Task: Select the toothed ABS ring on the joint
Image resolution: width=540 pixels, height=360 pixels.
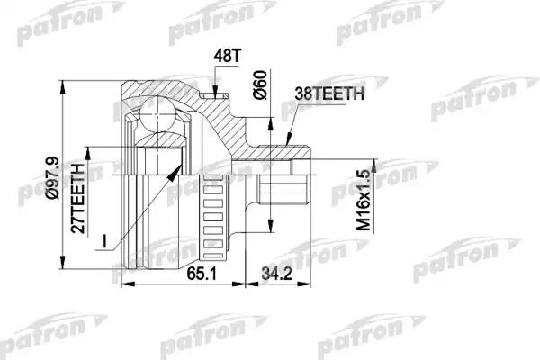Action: point(213,211)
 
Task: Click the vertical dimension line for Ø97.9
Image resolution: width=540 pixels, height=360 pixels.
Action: point(62,180)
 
